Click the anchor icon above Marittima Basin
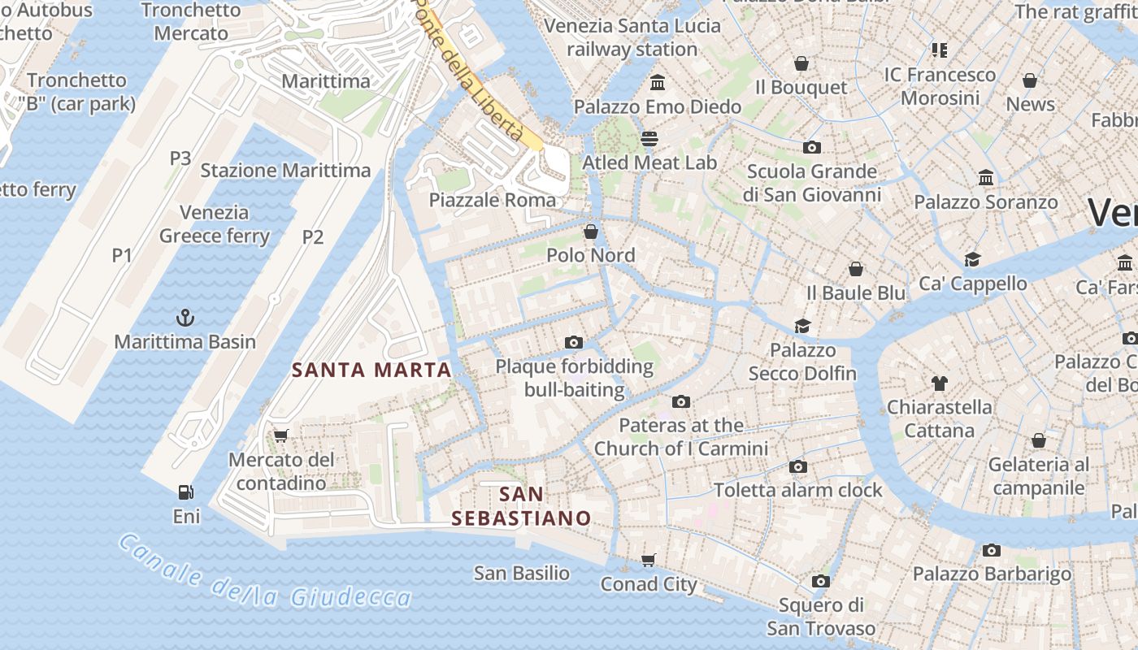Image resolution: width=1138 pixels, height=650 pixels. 185,317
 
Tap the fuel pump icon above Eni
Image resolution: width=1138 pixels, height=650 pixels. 186,492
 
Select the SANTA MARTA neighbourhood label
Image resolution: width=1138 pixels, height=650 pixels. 371,370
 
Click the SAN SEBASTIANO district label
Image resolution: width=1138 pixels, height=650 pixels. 521,506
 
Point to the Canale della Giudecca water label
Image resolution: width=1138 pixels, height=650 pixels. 264,574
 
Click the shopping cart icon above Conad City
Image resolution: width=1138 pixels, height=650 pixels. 648,560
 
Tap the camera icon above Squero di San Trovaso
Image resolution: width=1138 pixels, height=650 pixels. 821,581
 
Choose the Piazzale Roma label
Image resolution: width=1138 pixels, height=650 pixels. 493,200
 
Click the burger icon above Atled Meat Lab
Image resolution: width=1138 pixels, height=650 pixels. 649,138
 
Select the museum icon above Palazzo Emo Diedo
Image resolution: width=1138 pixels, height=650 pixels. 658,82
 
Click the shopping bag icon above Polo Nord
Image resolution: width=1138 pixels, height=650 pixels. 591,232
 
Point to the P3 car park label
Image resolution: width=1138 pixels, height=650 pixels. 180,158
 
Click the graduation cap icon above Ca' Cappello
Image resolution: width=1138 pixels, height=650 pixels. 972,259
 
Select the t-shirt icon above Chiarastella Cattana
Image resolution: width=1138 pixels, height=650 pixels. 940,383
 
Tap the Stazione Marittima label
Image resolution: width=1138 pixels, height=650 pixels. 285,171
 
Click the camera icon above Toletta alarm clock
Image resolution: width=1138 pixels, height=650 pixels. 798,466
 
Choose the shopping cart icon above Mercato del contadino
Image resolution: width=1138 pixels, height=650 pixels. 281,435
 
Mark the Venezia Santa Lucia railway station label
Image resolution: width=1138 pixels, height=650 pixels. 632,37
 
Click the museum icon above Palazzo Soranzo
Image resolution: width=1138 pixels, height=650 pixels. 986,177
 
